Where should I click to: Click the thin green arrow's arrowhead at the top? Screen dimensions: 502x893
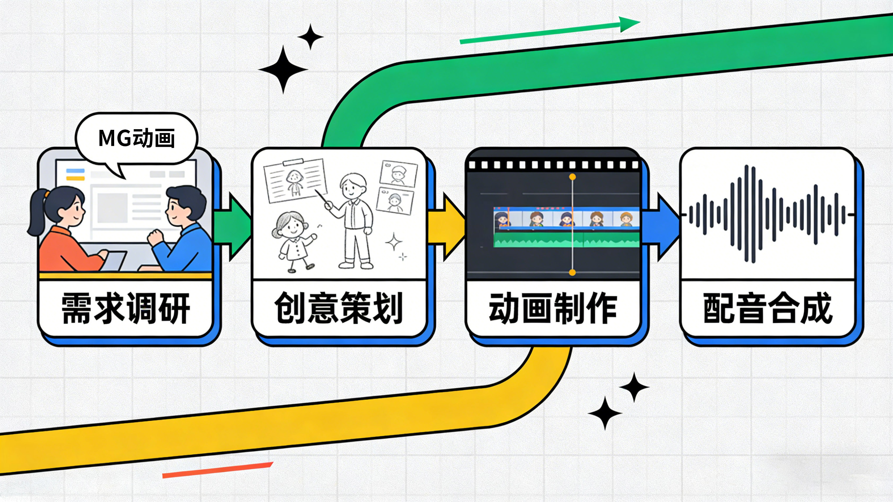tap(629, 24)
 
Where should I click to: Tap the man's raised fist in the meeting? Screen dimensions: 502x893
tap(155, 237)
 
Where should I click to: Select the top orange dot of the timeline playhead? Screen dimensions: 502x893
tap(572, 177)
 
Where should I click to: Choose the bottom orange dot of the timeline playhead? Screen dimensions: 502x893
tap(572, 273)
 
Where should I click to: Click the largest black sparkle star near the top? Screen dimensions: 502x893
tap(283, 69)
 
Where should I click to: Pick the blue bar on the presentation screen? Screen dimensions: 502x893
tap(75, 171)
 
